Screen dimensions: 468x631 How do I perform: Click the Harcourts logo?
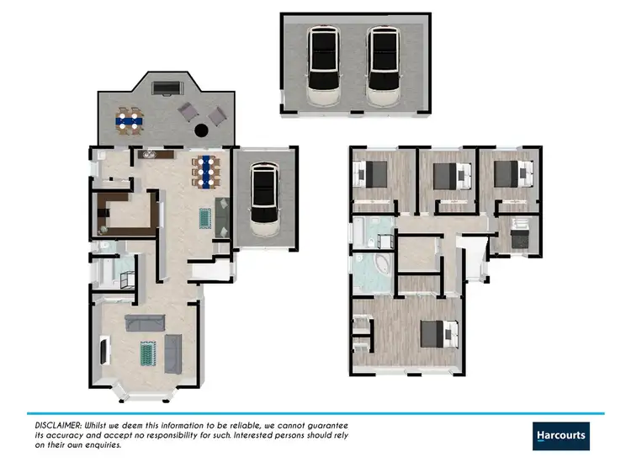tap(561, 434)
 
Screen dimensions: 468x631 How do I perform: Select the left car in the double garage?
tap(323, 66)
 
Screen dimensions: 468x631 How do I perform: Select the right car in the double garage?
tap(383, 66)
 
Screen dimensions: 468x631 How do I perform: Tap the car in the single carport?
tap(264, 200)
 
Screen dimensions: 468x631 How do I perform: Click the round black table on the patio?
tap(202, 130)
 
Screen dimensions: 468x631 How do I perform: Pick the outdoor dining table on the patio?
tap(130, 121)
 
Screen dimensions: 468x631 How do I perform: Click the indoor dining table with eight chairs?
tap(204, 170)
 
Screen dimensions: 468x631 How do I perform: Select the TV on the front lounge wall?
tap(103, 349)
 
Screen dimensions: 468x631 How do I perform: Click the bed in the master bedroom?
tap(441, 334)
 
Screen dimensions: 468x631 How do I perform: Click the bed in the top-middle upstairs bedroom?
tap(444, 176)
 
